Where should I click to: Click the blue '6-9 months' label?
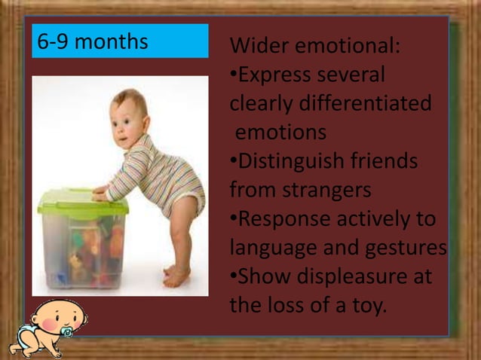(x=119, y=41)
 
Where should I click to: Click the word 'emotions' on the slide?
(x=280, y=133)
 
